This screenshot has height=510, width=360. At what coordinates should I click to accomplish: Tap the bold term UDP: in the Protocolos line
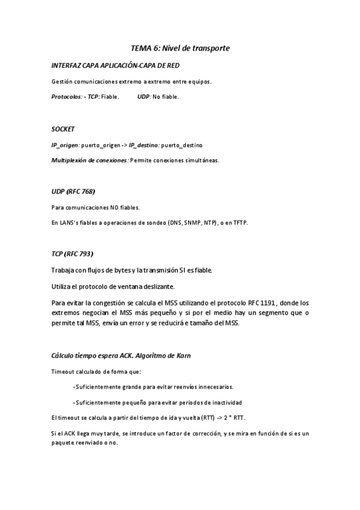(144, 96)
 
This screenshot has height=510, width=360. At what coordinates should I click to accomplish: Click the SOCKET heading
(63, 129)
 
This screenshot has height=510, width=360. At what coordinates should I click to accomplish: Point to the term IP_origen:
(66, 145)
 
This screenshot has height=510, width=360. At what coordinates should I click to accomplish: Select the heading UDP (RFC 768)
(73, 192)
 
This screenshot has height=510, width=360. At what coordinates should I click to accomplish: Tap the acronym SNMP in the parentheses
(186, 223)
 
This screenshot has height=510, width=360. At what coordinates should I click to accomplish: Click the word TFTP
(239, 223)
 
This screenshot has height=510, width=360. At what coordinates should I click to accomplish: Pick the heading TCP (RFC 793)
(72, 254)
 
